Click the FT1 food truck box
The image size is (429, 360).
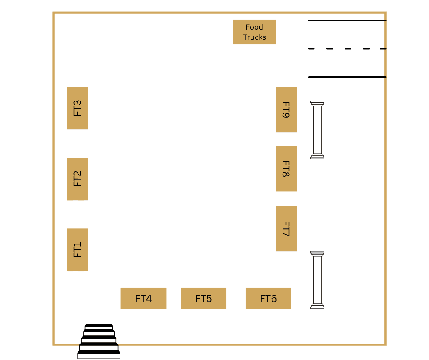click(x=77, y=249)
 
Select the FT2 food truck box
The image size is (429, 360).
click(x=77, y=179)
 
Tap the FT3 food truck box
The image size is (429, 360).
click(x=77, y=108)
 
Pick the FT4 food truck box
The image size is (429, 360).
click(x=143, y=298)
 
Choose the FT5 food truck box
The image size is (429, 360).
click(x=204, y=298)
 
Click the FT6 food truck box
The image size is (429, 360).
click(x=268, y=298)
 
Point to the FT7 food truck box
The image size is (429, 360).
click(x=286, y=228)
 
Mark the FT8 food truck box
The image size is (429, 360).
click(x=286, y=169)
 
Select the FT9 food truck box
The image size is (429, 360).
click(x=286, y=110)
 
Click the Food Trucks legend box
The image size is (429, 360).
click(x=255, y=32)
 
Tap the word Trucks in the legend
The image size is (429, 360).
click(x=255, y=37)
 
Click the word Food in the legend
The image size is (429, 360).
click(x=255, y=27)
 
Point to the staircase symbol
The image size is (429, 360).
click(x=99, y=341)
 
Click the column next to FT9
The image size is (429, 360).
click(x=317, y=130)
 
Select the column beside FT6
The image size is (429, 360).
click(x=317, y=280)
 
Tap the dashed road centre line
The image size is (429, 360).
click(x=347, y=49)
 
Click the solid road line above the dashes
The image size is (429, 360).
click(x=347, y=20)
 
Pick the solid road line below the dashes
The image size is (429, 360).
click(x=347, y=77)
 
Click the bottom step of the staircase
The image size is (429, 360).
click(x=99, y=355)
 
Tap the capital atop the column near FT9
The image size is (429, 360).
click(x=317, y=104)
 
